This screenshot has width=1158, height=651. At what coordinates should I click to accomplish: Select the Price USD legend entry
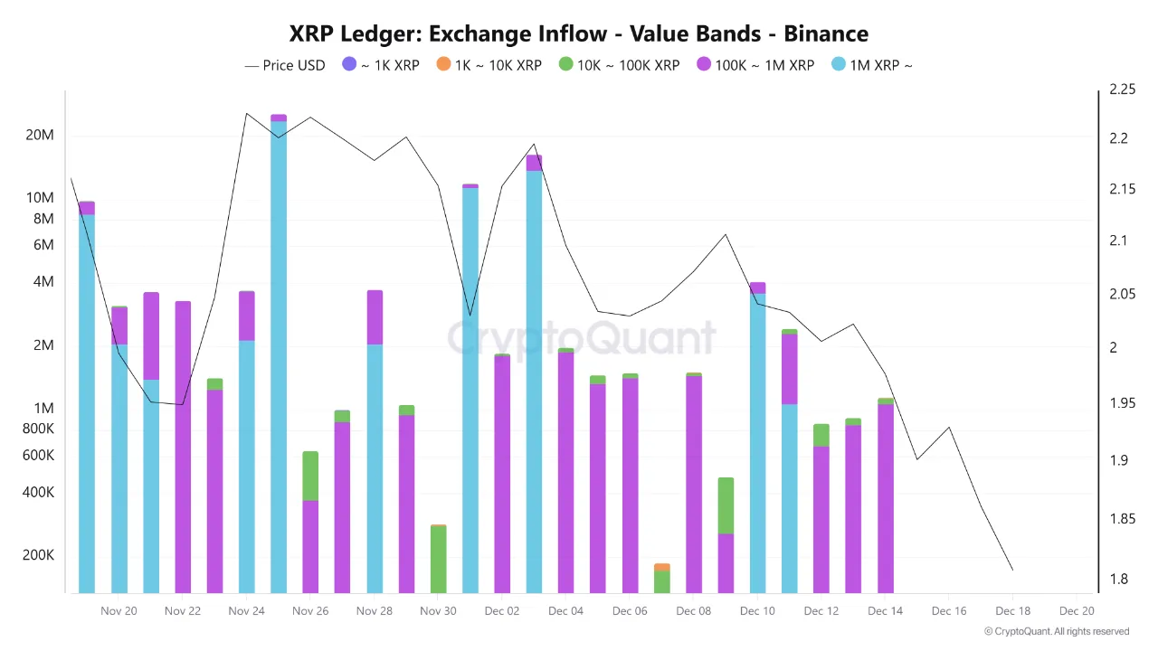coord(285,65)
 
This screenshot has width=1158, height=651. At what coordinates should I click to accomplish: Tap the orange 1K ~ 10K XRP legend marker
coord(442,65)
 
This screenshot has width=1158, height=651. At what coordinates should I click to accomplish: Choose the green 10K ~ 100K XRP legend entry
coord(619,65)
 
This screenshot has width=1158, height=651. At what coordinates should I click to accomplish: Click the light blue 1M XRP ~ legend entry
coord(871,65)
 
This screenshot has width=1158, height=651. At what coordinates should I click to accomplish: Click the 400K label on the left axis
coord(38,493)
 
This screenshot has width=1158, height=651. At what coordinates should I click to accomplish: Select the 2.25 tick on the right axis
coord(1115,90)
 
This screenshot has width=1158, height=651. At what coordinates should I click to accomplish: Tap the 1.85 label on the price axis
coord(1115,519)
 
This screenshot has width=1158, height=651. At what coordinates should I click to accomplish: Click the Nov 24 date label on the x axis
coord(246,611)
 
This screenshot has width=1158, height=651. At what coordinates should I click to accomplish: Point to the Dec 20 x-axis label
coord(1077,611)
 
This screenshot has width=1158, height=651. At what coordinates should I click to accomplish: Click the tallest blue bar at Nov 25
coord(279,353)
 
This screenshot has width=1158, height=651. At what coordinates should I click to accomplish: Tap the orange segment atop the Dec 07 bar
coord(661,567)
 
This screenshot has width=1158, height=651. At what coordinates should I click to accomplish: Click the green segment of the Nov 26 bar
coord(310,476)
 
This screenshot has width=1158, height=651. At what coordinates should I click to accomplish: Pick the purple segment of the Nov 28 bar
coord(375,317)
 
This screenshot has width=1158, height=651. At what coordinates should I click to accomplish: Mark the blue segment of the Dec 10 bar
coord(757,443)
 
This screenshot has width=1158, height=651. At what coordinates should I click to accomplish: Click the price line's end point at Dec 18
coord(1012,570)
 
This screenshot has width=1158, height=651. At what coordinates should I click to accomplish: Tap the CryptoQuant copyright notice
coord(1056,631)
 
